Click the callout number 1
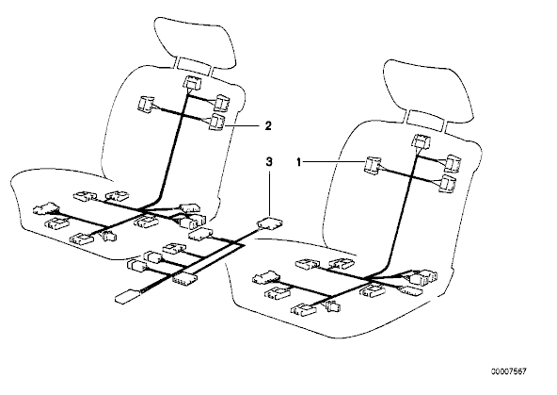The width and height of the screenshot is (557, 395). [x=299, y=163]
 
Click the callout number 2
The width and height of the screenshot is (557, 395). [x=268, y=125]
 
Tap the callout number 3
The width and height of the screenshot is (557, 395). [x=269, y=162]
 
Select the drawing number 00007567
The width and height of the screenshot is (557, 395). [x=509, y=371]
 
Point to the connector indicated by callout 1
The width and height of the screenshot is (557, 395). [x=373, y=166]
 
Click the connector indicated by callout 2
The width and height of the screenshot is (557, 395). [x=216, y=122]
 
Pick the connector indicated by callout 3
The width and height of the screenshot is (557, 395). [x=270, y=223]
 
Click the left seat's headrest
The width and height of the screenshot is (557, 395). [x=195, y=42]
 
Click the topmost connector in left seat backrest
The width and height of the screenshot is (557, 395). [x=192, y=83]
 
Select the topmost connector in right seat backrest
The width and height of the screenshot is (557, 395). [x=421, y=140]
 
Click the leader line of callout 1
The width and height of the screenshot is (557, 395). [x=334, y=163]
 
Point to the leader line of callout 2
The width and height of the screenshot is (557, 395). [x=244, y=125]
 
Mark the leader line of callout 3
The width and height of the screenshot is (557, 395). [x=270, y=194]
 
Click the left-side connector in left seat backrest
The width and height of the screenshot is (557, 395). [x=146, y=104]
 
